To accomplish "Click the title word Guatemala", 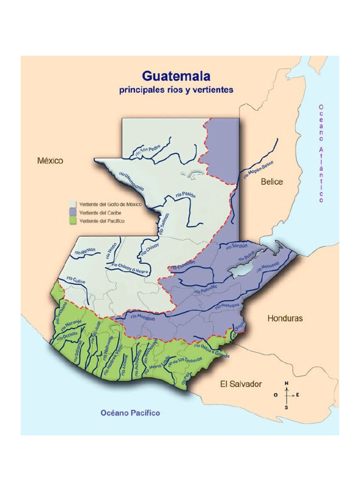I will tap(176, 76).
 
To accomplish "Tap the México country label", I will tap(50, 161).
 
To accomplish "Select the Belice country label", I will tap(272, 182).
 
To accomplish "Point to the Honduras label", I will tap(285, 318).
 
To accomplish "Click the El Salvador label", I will tap(241, 384).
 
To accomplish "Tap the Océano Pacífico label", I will tap(130, 413).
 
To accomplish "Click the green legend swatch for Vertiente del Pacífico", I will tap(72, 221).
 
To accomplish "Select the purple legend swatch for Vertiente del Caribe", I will tap(72, 213).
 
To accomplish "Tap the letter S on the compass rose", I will tap(286, 407).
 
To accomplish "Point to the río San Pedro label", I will tap(147, 150).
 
